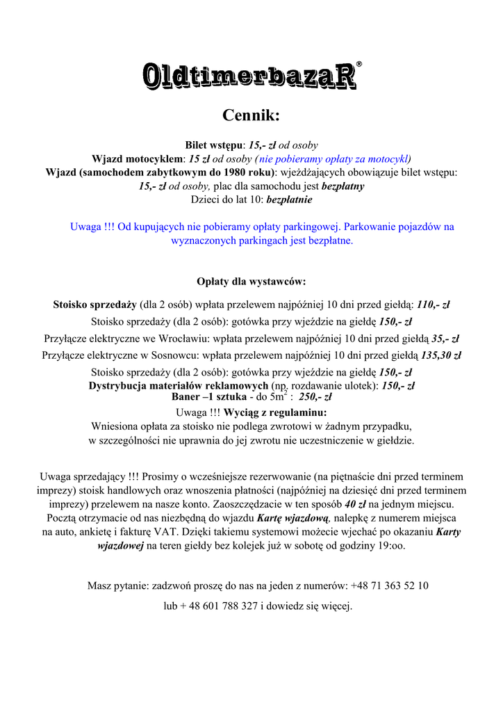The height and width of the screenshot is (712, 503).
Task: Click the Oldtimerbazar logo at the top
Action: coord(250,76)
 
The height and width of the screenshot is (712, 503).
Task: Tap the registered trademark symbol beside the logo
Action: coord(358,64)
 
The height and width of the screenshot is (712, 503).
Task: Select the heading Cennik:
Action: coord(251,114)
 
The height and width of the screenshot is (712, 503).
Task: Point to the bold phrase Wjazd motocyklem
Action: coord(138,159)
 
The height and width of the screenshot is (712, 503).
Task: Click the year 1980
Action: coord(236,172)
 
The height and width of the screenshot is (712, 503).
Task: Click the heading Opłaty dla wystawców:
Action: coord(251,282)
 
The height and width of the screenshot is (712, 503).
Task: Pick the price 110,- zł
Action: coord(434,305)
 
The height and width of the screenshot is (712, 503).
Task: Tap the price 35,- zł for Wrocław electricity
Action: coord(445,339)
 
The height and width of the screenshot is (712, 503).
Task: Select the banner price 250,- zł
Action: coord(315,398)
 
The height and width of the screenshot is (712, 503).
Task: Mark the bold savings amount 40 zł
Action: coord(356,503)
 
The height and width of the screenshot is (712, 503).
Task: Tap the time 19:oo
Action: coord(392,546)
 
